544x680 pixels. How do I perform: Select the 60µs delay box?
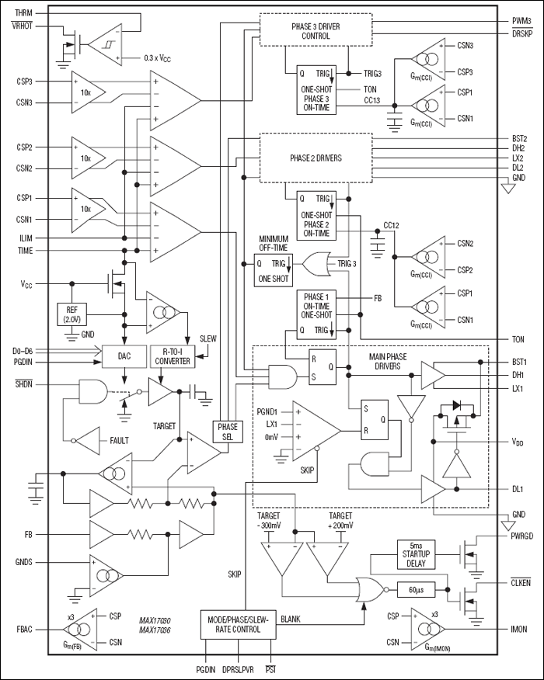coord(420,589)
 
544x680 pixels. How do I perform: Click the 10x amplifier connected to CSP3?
coord(88,92)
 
